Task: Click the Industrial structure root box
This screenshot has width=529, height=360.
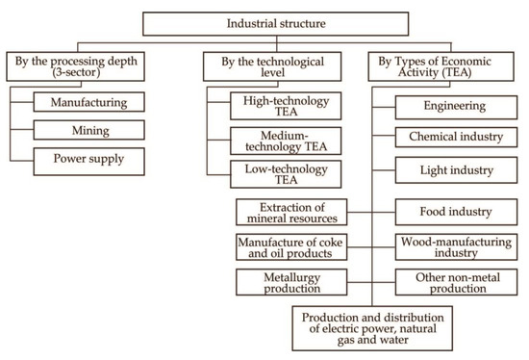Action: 264,21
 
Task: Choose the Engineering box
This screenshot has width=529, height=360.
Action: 459,106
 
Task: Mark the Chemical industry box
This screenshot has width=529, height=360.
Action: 459,139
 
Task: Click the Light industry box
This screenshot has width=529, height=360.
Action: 459,171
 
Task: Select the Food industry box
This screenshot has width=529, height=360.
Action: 459,212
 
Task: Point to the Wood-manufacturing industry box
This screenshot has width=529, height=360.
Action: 459,246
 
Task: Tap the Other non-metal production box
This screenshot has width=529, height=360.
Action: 459,283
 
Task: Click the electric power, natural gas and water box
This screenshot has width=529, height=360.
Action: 370,328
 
